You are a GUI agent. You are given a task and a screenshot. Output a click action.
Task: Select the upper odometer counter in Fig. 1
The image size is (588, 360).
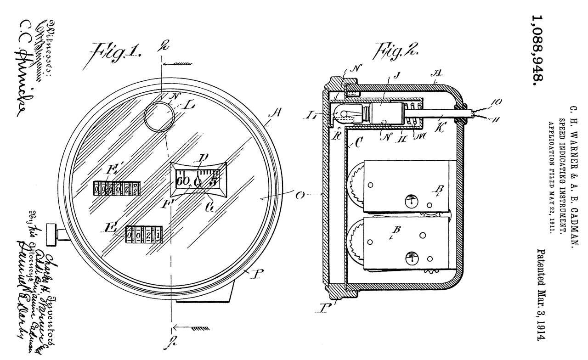(x=117, y=188)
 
